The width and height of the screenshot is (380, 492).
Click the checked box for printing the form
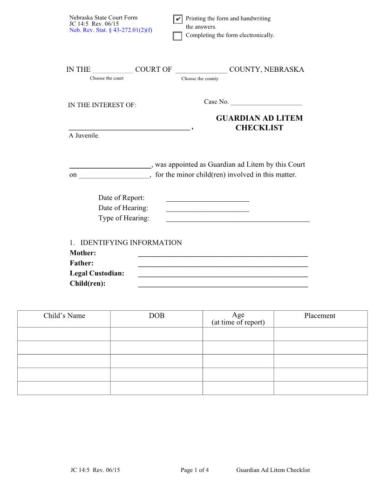click(177, 19)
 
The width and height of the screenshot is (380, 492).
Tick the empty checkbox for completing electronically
click(177, 36)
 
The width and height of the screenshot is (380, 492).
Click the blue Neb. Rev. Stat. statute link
click(111, 30)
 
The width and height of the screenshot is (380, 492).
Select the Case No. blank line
click(266, 102)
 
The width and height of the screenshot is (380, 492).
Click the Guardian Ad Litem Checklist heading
click(259, 123)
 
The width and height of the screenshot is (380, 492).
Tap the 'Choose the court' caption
click(107, 78)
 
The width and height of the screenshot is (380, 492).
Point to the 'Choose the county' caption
click(200, 79)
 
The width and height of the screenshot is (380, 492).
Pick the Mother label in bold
click(83, 253)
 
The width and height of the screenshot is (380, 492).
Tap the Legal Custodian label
click(97, 273)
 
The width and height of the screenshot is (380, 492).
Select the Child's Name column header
click(64, 316)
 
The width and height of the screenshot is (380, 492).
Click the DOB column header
click(156, 316)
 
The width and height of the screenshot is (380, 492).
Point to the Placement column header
click(319, 316)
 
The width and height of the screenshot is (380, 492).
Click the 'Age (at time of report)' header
click(238, 319)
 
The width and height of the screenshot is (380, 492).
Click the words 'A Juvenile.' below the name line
click(84, 136)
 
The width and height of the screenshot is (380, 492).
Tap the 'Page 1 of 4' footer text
click(195, 470)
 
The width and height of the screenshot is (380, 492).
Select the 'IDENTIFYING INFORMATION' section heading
click(131, 243)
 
